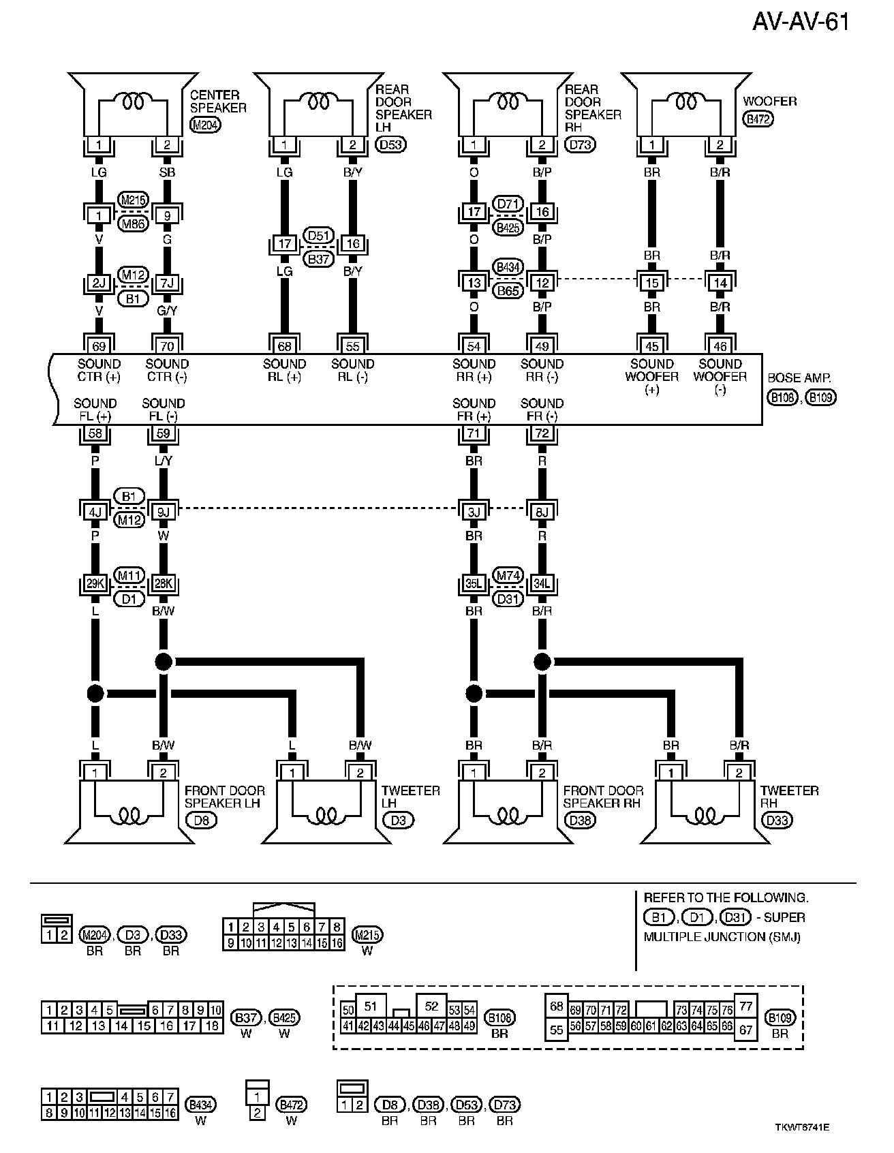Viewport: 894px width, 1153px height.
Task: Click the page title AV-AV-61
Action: coord(801,22)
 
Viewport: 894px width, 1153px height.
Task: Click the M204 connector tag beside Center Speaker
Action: coord(205,125)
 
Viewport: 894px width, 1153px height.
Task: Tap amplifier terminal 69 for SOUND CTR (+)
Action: coord(99,345)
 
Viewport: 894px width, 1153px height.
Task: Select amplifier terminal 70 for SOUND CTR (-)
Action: coord(167,345)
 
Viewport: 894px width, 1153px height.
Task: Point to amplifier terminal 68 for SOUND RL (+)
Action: coord(285,345)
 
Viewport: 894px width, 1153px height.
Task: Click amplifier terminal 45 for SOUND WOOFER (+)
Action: coord(652,345)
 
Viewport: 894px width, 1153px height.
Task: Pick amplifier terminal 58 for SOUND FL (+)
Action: coord(95,433)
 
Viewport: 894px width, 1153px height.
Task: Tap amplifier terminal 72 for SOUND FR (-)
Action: coord(542,433)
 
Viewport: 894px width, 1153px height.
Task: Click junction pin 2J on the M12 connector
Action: coord(99,283)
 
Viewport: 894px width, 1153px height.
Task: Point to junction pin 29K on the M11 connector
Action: coord(95,584)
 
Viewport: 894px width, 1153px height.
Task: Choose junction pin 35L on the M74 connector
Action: coord(474,584)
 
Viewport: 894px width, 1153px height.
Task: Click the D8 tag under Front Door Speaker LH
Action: coord(202,820)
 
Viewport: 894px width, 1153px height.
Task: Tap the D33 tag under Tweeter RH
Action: coord(777,820)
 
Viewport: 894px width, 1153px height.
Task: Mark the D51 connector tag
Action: coord(318,236)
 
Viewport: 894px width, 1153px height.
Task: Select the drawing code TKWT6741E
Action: coord(801,1127)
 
